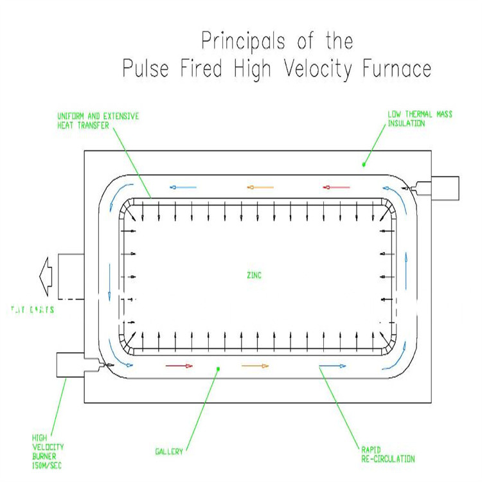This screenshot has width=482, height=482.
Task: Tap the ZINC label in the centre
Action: coord(253,275)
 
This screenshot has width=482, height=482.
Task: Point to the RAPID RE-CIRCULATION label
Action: coord(386,454)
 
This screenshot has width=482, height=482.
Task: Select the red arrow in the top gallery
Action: coord(336,188)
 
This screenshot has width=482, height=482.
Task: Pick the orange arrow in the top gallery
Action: coord(260,188)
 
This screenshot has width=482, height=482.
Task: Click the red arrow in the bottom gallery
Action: coord(179,366)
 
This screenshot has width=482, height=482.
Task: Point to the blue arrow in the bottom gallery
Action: coord(332,366)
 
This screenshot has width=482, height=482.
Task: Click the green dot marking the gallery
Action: coord(219,369)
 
